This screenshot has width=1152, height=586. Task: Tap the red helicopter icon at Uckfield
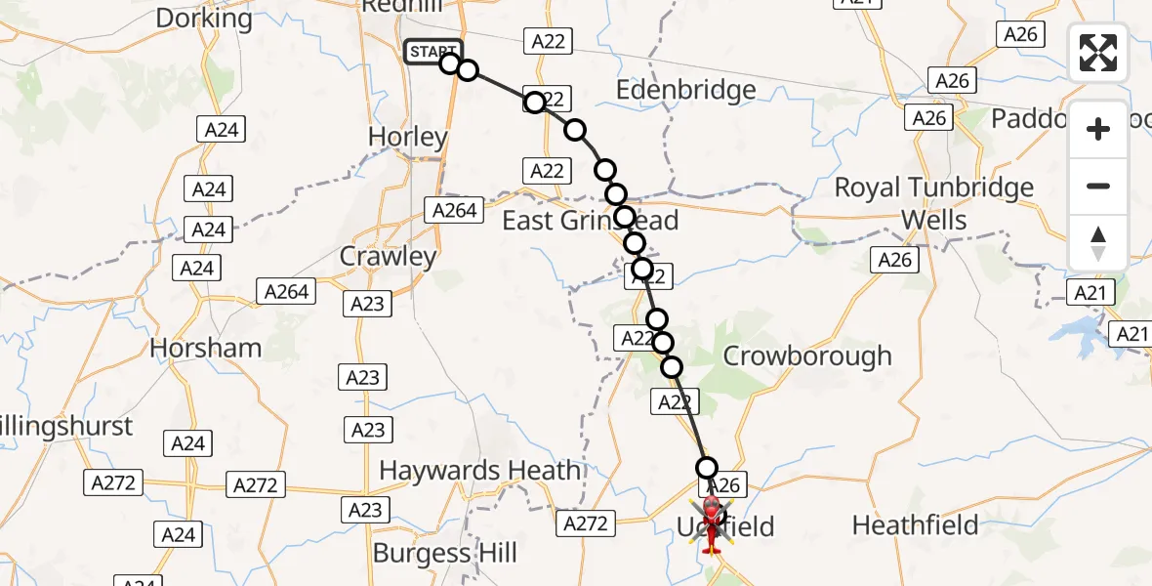coord(712,523)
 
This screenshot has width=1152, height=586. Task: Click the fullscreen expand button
coord(1098,53)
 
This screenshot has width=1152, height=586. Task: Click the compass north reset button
coord(1098,243)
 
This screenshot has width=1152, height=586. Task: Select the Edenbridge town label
coord(685,91)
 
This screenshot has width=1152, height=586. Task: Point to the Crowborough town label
coord(806,356)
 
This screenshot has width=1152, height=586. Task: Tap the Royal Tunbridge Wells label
coord(933,203)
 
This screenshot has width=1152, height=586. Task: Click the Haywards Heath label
coord(479,471)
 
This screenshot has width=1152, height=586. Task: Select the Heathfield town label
coord(915,525)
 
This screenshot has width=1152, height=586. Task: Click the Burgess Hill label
coord(445,554)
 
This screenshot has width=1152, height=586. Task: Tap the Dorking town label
coord(203,18)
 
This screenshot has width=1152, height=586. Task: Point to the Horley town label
coord(407,138)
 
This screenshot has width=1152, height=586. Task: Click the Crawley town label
coord(388,257)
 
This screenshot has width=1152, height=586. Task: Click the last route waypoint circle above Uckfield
coord(706,468)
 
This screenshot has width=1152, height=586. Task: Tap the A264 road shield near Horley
coord(454,210)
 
